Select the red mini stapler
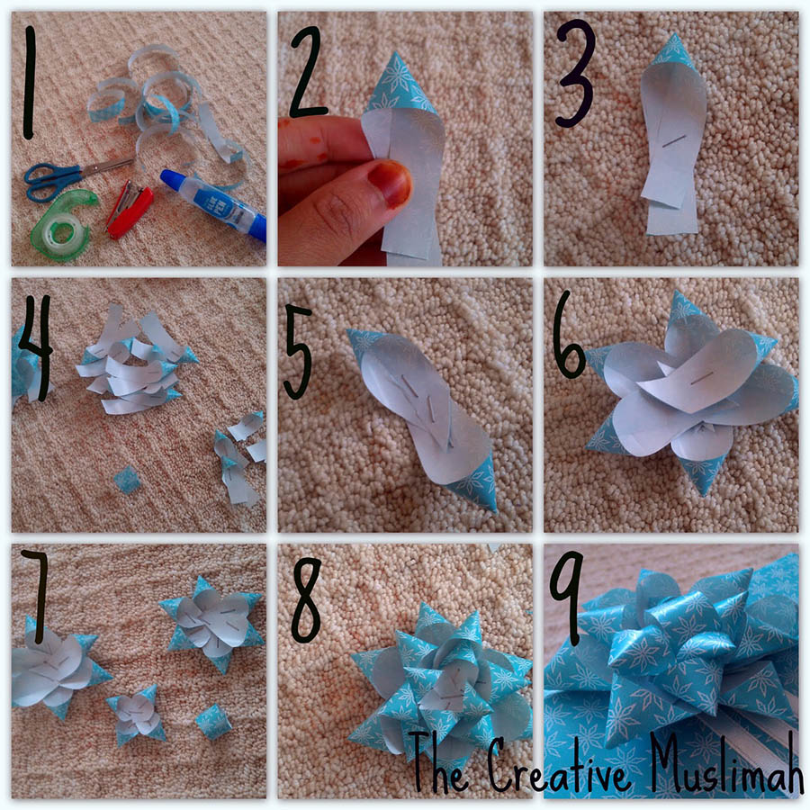129,208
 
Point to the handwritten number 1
30,83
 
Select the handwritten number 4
35,347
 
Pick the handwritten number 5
299,352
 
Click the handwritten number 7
35,584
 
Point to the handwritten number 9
566,597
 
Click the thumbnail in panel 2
390,182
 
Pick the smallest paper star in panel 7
136,715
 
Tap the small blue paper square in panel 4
126,480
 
